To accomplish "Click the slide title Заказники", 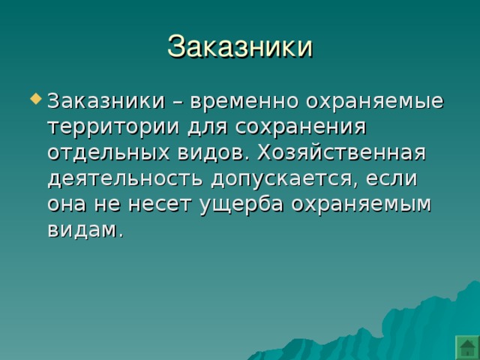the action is pos(240,46).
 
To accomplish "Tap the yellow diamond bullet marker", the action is pos(36,98).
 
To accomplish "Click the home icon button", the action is pos(467,348).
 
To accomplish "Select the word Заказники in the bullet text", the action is pos(106,100).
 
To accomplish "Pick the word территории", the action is pos(113,128).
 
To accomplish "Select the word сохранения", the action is pos(301,128).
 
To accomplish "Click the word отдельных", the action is pos(108,153).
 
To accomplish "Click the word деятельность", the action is pos(125,178).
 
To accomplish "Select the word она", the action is pos(67,205).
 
